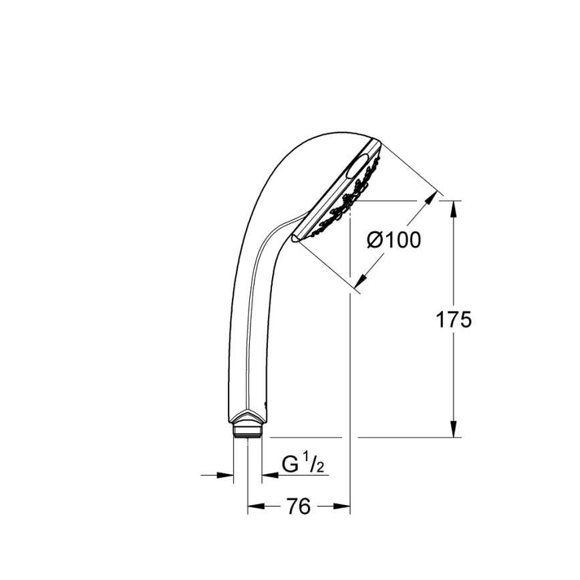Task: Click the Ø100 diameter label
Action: (395, 239)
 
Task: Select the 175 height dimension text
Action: (454, 319)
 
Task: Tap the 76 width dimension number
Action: (299, 507)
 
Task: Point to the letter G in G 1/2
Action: (289, 463)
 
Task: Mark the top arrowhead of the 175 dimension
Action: (454, 207)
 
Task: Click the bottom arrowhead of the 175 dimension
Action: (454, 430)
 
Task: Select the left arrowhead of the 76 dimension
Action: (254, 507)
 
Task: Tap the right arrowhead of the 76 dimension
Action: (344, 507)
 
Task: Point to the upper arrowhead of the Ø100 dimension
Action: (434, 199)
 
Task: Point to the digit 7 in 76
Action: (292, 507)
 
